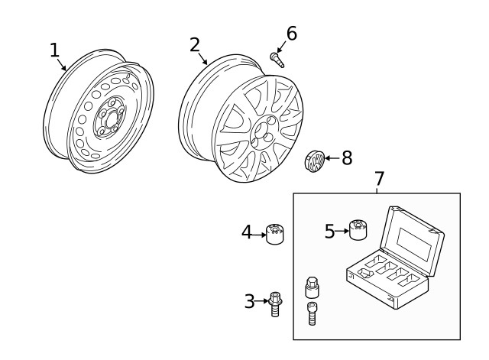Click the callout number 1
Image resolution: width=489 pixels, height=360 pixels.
[x=54, y=50]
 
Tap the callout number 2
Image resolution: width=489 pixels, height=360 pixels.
[x=195, y=44]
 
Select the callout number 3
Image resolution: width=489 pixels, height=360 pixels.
[x=249, y=301]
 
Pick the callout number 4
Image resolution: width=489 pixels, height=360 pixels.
[x=247, y=231]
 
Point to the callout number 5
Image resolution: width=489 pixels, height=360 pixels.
[x=330, y=231]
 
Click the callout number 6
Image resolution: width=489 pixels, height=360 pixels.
[x=291, y=34]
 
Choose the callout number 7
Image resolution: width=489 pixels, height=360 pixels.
[x=379, y=178]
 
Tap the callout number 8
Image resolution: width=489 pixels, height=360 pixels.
[x=346, y=158]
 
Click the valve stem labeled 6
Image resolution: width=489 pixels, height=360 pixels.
[x=277, y=59]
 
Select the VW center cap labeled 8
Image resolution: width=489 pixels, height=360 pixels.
[x=313, y=161]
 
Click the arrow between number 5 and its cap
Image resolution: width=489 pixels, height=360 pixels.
[x=342, y=231]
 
